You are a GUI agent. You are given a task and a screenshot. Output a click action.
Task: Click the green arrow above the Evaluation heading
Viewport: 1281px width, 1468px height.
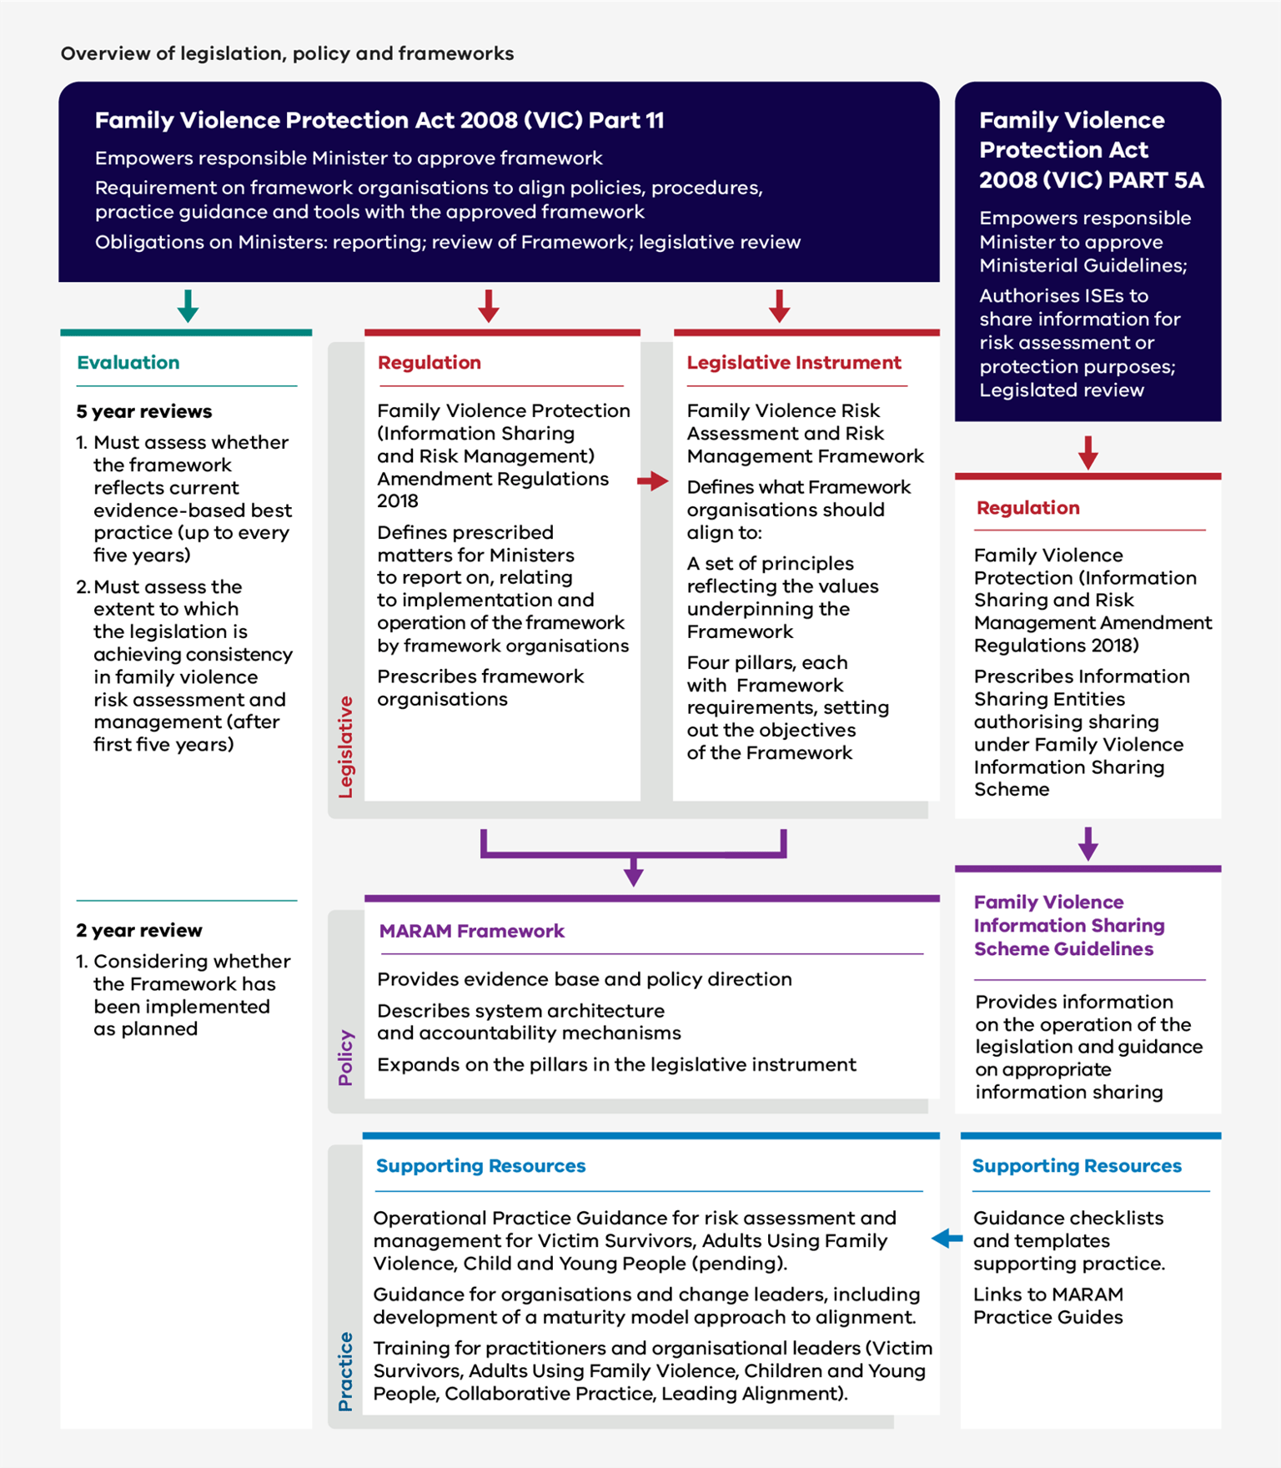(x=188, y=306)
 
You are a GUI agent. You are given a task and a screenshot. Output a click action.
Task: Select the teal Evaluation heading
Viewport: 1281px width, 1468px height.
(x=128, y=363)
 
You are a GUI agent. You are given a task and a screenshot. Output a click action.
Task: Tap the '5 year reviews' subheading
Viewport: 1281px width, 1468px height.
(x=143, y=411)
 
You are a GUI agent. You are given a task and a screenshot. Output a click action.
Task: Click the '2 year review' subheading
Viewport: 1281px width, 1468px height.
(x=138, y=930)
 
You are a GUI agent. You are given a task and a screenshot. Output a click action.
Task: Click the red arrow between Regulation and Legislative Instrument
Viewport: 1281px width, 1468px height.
(x=653, y=481)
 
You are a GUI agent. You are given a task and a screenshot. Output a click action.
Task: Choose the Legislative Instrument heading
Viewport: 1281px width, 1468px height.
(x=793, y=363)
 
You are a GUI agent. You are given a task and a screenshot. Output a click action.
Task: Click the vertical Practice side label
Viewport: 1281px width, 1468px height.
(x=345, y=1371)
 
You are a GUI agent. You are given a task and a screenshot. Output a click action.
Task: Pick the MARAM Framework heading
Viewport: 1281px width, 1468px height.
(x=471, y=931)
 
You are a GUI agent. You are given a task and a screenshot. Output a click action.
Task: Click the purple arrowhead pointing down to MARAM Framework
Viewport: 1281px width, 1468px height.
(x=633, y=873)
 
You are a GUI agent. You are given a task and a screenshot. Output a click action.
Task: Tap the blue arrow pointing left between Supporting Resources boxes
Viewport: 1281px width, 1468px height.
(x=947, y=1239)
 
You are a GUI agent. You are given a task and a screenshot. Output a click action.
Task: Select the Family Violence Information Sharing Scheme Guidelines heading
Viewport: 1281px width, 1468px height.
(x=1068, y=926)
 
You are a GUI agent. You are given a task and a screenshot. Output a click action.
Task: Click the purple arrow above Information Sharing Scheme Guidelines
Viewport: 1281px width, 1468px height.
(x=1088, y=844)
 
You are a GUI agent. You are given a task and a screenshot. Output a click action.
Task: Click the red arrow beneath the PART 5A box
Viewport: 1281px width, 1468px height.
(x=1088, y=453)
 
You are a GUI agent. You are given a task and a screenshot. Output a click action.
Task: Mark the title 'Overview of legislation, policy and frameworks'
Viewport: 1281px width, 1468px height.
(x=287, y=53)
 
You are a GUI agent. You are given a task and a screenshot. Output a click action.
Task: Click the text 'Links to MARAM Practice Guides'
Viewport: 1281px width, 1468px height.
(x=1047, y=1306)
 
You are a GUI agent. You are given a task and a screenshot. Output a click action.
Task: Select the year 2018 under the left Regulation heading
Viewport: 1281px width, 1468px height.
(x=397, y=501)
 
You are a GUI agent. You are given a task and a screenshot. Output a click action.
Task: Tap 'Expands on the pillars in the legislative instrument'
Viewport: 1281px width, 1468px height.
(x=616, y=1065)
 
